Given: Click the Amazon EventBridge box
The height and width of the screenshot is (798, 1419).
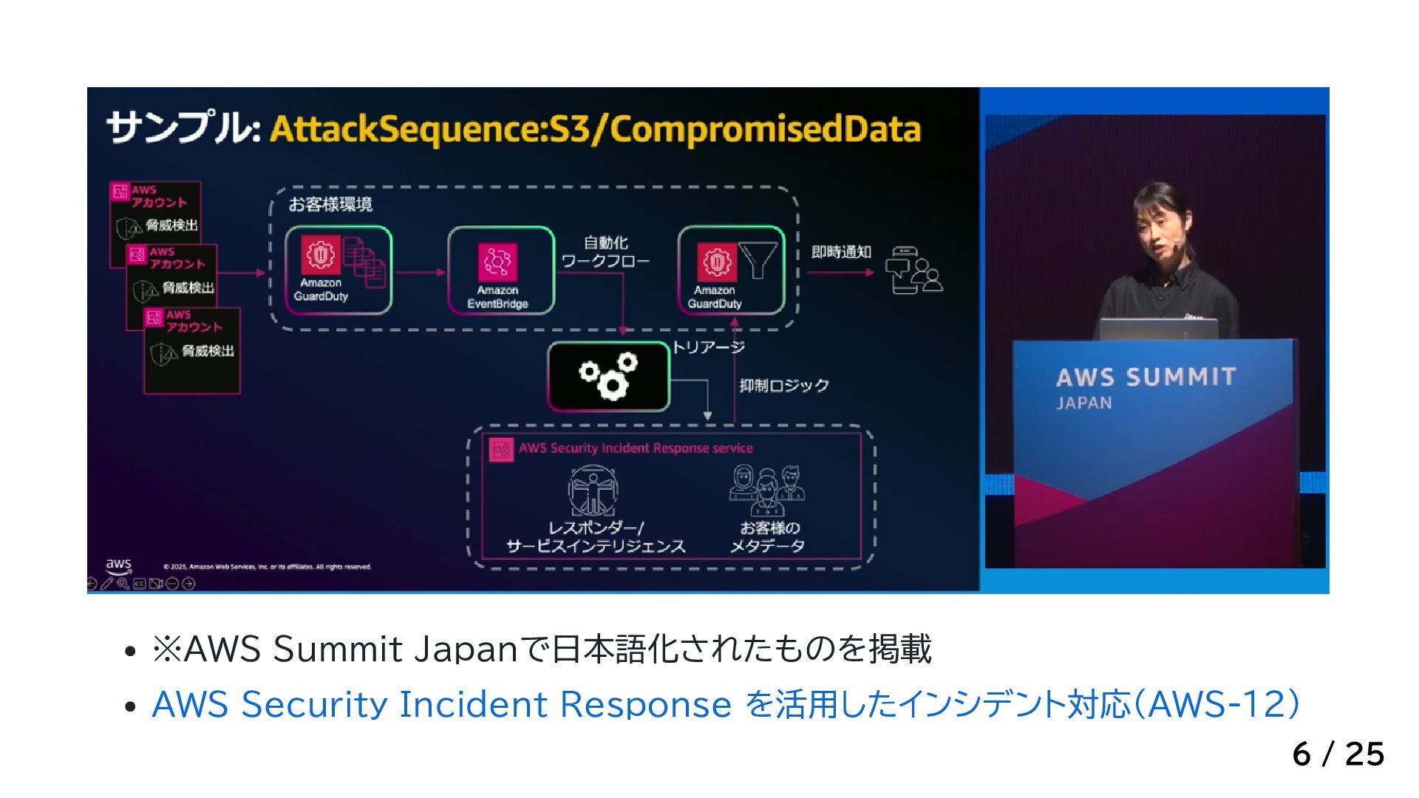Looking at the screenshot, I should click(500, 270).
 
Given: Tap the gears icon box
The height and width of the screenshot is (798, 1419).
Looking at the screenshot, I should click(608, 377).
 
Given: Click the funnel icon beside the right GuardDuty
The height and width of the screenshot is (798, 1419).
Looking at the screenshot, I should click(758, 260).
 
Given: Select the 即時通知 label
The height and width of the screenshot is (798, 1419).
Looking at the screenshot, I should click(841, 253).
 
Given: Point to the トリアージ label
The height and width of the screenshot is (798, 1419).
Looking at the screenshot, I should click(708, 347).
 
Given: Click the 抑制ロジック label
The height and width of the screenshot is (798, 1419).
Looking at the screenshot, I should click(784, 386).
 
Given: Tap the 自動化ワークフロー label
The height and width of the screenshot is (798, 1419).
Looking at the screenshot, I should click(605, 252).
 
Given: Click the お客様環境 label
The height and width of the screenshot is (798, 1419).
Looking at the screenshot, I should click(330, 205).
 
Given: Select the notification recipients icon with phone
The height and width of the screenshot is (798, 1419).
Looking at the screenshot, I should click(913, 270).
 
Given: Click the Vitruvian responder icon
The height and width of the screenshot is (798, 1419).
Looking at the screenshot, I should click(593, 491).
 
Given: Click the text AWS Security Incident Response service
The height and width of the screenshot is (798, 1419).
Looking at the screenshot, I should click(636, 449).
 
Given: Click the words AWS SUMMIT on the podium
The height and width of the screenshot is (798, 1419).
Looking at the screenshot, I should click(1146, 378).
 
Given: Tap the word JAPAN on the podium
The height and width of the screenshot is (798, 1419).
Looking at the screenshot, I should click(1083, 403).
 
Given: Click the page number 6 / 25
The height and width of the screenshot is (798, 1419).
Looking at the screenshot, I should click(1338, 754).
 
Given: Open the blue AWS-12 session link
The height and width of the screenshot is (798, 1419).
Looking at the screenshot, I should click(725, 704).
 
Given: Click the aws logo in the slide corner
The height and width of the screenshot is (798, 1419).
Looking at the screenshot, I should click(118, 566).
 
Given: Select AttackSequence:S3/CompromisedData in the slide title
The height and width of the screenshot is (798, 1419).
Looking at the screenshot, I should click(595, 129).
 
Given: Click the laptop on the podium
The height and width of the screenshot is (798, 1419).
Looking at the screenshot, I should click(1157, 329).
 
